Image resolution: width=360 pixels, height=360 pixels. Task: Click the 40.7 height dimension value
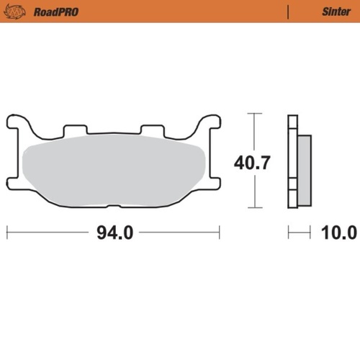[x=251, y=163]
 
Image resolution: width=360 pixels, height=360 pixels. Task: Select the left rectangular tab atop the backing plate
[x=74, y=130]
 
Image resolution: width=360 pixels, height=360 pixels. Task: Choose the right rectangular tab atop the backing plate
[x=151, y=130]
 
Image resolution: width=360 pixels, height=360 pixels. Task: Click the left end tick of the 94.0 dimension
[x=7, y=233]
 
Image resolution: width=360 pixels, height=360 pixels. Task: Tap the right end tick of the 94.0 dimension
[x=219, y=233]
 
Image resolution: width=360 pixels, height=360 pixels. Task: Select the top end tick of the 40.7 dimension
[x=251, y=113]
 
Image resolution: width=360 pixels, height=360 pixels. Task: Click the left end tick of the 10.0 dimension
[x=289, y=233]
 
